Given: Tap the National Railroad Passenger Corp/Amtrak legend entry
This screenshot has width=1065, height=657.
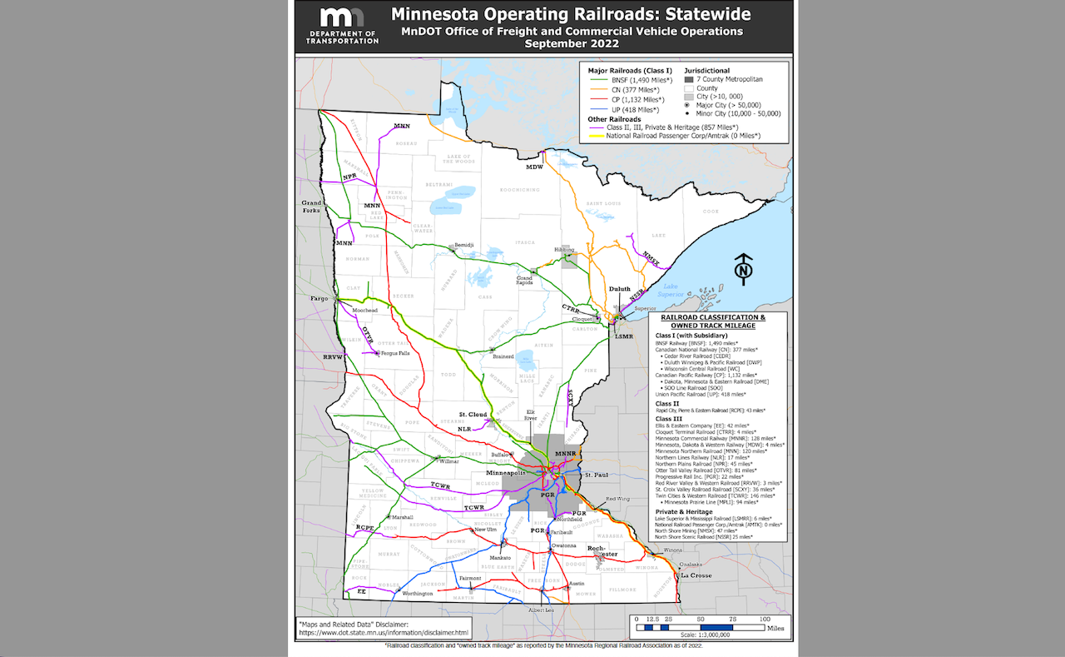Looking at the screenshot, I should click(x=682, y=135).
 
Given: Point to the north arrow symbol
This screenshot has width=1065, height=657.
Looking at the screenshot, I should click(x=744, y=267).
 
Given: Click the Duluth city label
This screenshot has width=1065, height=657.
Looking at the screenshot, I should click(x=620, y=290).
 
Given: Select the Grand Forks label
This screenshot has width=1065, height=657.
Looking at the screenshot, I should click(x=311, y=207).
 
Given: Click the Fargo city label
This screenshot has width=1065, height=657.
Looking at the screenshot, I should click(x=319, y=298).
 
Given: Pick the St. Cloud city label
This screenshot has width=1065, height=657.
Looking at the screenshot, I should click(x=473, y=414).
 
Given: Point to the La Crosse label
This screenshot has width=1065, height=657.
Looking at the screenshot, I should click(x=695, y=575).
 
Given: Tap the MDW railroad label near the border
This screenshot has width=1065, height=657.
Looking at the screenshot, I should click(x=533, y=167).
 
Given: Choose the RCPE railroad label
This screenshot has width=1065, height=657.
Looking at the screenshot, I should click(x=364, y=528).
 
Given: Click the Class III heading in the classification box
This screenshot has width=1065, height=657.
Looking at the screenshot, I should click(x=667, y=419).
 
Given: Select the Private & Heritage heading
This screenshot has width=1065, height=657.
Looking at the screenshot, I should click(x=684, y=511).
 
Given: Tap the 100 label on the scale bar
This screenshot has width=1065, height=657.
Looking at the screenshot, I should click(x=765, y=620).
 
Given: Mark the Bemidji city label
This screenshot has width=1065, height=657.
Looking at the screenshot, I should click(x=464, y=246).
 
